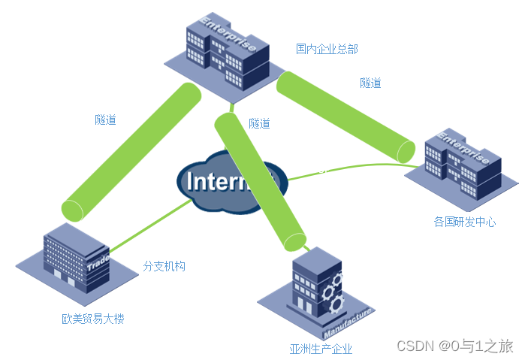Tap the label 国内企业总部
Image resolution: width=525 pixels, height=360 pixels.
click(327, 49)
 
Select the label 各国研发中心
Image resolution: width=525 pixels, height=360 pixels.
click(465, 222)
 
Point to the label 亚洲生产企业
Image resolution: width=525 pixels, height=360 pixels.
click(321, 349)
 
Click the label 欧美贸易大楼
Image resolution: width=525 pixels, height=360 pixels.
click(92, 319)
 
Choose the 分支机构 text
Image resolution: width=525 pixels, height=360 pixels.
click(164, 266)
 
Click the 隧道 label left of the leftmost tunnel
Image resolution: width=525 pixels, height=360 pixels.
click(105, 119)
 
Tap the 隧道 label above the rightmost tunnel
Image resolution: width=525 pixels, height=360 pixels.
click(370, 83)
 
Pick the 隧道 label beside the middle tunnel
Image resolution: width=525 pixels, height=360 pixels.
click(259, 123)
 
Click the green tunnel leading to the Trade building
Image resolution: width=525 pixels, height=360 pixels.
click(131, 150)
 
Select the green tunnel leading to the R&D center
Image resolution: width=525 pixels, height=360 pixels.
click(345, 116)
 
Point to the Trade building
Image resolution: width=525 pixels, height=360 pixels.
click(75, 259)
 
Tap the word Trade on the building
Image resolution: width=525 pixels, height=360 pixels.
click(98, 265)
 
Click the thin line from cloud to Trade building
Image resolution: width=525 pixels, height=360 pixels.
click(150, 225)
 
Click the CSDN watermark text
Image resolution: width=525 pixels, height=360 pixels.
click(454, 346)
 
